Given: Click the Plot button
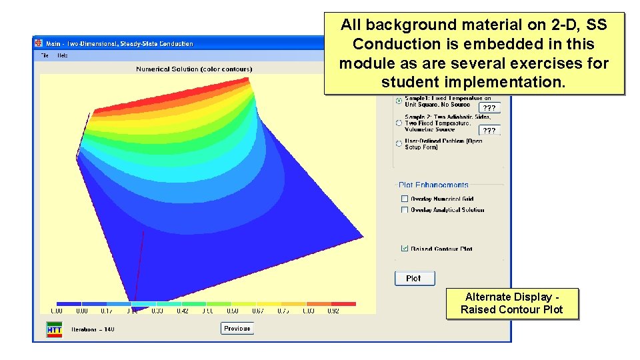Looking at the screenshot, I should pos(414,278).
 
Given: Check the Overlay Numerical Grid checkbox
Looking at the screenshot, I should pos(405,199).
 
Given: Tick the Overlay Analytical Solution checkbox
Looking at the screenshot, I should pos(405,210).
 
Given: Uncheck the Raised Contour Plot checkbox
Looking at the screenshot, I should pos(405,249).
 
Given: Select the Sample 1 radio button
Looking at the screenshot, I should pos(399,101).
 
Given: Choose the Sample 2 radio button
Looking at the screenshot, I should pos(399,123).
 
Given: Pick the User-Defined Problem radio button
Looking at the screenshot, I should pos(399,143).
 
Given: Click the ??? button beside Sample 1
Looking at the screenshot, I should pos(489,108).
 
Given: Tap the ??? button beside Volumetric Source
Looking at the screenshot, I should pos(489,131).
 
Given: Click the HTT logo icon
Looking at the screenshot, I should pos(54,329).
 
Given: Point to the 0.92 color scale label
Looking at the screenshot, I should pos(334,311).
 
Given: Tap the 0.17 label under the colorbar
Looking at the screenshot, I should pos(107,311).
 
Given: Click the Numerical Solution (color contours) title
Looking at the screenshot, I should pos(194,69).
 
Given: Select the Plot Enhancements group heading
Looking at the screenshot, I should pos(433,185).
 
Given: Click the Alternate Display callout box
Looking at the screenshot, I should pos(511,303).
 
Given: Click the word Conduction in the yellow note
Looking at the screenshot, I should pos(387,45).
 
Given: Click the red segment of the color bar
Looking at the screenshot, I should pos(343,304).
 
